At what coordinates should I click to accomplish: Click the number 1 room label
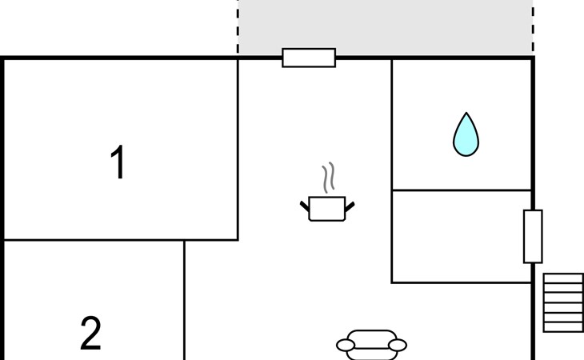point(118,162)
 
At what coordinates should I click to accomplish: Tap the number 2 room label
point(90,333)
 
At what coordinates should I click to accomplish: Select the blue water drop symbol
point(466,134)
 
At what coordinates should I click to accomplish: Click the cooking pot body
point(327,209)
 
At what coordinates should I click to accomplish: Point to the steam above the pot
point(328,178)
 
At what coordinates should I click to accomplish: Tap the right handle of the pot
point(350,206)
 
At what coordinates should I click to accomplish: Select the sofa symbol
point(371,345)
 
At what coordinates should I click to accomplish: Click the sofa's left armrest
point(346,345)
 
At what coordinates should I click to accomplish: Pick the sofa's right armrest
point(398,345)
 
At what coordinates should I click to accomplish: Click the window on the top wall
point(309,58)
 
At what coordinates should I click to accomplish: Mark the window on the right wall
point(533,237)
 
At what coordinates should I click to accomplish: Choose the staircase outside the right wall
point(563,302)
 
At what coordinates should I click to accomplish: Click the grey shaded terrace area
point(386,27)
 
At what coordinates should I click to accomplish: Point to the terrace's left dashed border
point(238,27)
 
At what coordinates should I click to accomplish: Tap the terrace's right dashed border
point(534,27)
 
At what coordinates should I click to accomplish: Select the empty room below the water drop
point(462,237)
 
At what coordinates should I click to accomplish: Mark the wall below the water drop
point(462,190)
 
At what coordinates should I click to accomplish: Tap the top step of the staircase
point(563,278)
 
